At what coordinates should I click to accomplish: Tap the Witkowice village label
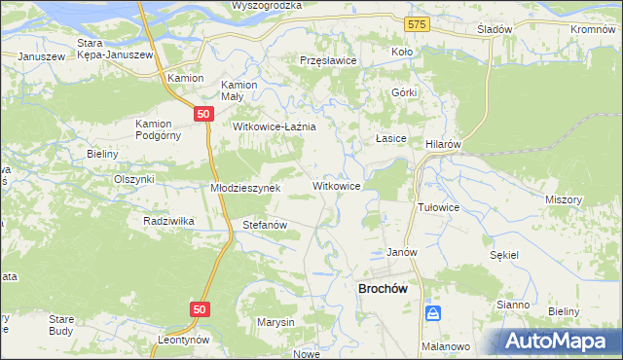(x=338, y=185)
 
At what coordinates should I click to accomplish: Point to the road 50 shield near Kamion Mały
(x=202, y=114)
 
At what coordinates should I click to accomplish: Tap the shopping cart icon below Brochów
(x=434, y=313)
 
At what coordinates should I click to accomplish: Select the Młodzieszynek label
(x=245, y=188)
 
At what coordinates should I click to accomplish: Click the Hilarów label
(x=443, y=142)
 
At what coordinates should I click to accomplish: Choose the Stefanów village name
(x=264, y=225)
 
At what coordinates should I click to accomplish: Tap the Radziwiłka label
(x=168, y=221)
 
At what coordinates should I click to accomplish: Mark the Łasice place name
(x=391, y=139)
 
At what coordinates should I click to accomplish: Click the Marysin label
(x=275, y=322)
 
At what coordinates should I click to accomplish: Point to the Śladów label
(x=495, y=29)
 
